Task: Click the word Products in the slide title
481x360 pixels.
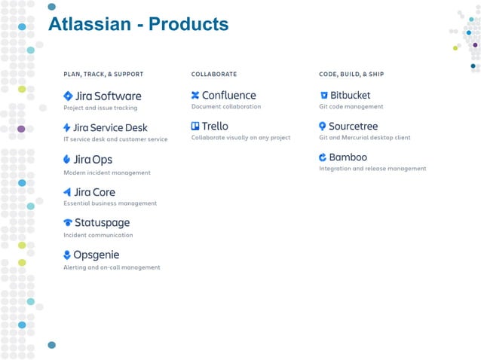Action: coord(188,24)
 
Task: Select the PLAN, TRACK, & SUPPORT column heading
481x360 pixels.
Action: coord(103,75)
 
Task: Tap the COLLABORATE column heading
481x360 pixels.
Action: coord(214,75)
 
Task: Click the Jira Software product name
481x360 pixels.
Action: coord(107,96)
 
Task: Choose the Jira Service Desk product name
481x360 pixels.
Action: coord(110,128)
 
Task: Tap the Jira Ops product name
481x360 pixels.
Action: coord(93,160)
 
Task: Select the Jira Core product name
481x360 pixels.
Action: coord(94,192)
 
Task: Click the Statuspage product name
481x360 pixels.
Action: coord(102,223)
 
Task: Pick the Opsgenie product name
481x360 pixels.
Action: coord(96,255)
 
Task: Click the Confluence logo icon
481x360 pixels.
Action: coord(195,96)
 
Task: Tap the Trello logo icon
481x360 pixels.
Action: coord(195,127)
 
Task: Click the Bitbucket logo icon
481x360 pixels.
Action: coord(323,96)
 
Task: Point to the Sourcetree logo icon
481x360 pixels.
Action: coord(323,127)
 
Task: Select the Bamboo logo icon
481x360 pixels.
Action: coord(323,157)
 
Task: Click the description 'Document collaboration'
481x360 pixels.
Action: coord(226,107)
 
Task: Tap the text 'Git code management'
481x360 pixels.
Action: coord(351,107)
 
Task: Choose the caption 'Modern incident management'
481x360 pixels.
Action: coord(107,172)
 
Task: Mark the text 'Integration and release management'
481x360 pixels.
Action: coord(372,169)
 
